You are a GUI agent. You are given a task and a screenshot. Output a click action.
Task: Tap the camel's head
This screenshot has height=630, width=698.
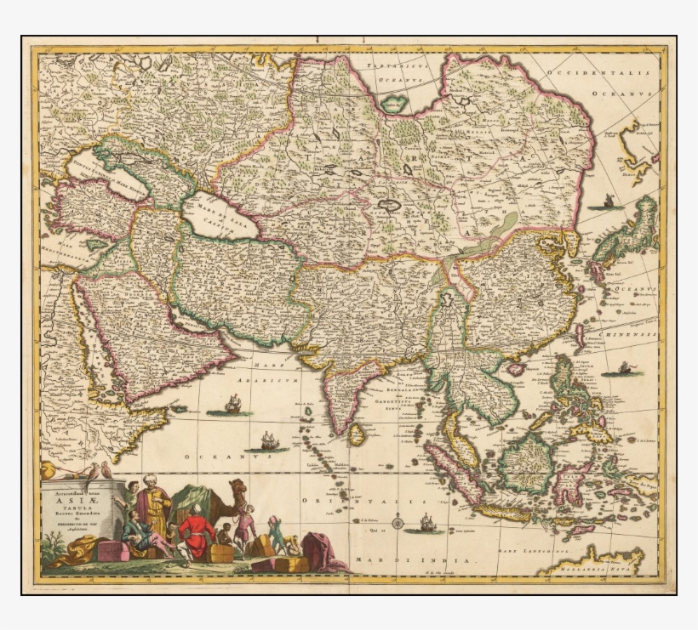coord(239,486)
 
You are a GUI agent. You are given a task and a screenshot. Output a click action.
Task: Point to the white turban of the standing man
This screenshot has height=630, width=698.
coord(150,480)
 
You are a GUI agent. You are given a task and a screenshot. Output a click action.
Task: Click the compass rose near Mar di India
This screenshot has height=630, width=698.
coord(398,522)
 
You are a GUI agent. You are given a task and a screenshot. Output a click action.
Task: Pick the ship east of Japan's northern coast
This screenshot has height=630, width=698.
coord(608,202)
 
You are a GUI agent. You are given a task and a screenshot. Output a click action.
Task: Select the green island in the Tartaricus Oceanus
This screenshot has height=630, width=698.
coord(394,104)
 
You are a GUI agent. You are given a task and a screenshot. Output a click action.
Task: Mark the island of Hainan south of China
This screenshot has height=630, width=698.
coord(516,367)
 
